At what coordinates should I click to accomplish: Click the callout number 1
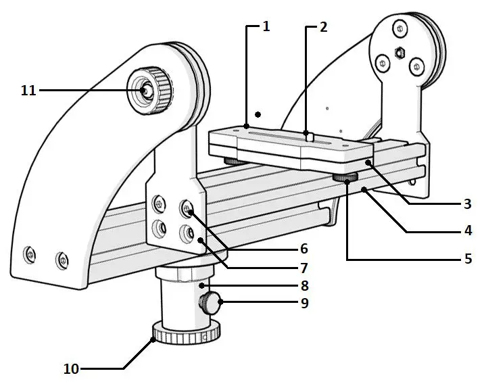point(266,26)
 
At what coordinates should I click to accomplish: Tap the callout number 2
point(323,27)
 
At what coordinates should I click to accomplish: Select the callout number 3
point(466,203)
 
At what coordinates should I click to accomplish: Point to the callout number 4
point(466,231)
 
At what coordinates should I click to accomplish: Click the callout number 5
point(466,258)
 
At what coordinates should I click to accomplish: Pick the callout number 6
point(304,249)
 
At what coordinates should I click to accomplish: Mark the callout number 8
point(304,285)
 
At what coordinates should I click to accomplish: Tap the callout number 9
point(304,304)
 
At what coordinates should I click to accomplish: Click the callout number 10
point(71,368)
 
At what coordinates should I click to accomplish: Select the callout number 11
point(28,90)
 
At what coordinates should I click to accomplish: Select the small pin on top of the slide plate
point(310,137)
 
